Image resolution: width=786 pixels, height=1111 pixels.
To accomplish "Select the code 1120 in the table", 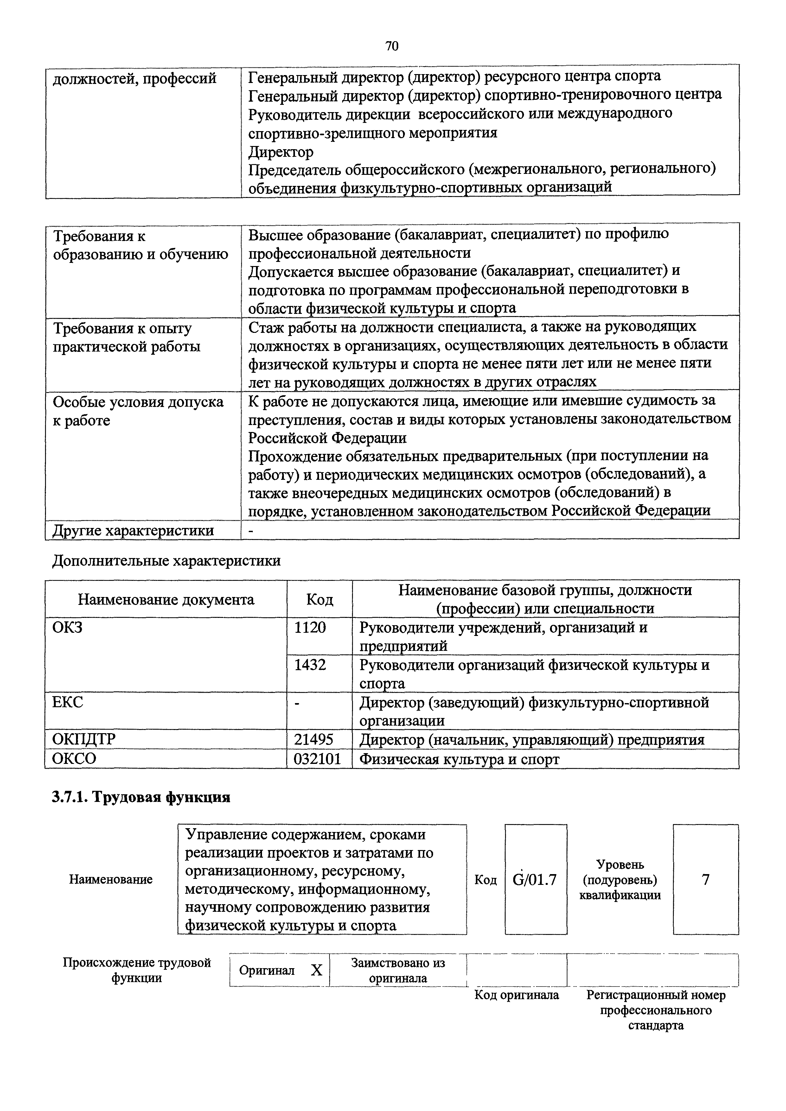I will coord(310,628).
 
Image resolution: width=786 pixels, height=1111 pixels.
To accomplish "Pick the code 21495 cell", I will coord(314,740).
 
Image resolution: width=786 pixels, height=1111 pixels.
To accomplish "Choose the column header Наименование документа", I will coord(166,600).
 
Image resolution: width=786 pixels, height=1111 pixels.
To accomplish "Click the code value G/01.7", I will coord(534,879).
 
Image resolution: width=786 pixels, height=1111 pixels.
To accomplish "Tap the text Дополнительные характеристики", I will coord(166,561).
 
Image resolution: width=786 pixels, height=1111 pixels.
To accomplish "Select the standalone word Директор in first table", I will coord(281,152).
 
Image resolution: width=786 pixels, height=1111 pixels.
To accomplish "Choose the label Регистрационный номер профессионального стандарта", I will coord(655,1010).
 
